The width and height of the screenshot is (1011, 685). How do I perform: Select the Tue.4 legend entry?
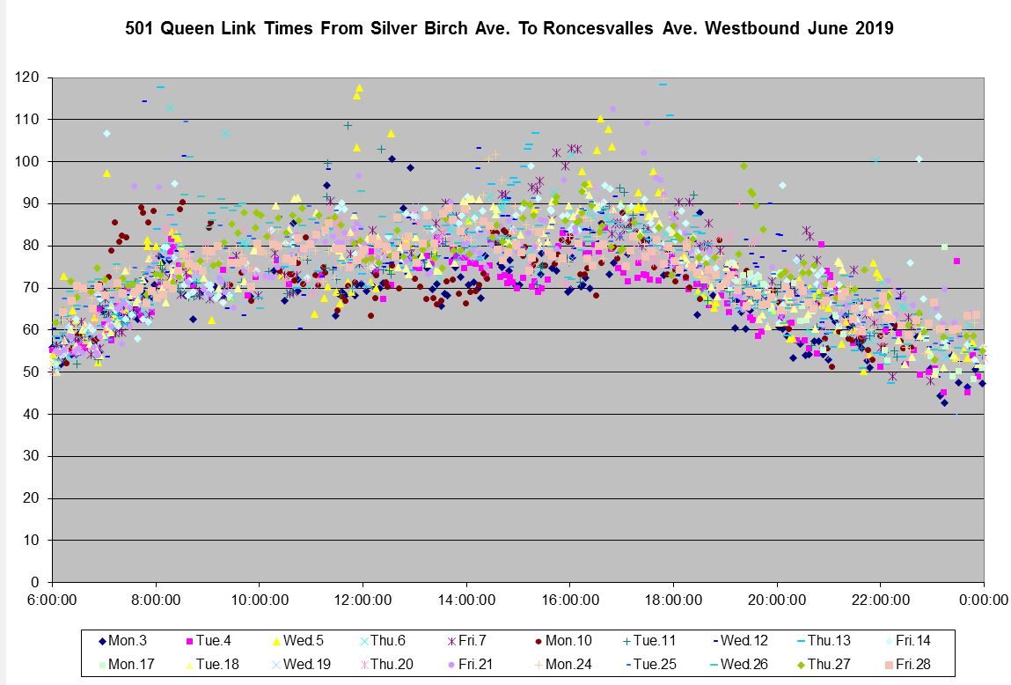[214, 642]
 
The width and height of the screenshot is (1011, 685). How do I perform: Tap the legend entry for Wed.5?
[300, 642]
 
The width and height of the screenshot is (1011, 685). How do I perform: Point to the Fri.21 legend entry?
[475, 664]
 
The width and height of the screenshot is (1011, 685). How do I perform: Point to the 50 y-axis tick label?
[32, 372]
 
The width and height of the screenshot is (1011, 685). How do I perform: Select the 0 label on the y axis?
[35, 582]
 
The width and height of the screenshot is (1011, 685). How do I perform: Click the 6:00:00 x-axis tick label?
[52, 600]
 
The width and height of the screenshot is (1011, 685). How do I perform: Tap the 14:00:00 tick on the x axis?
[465, 600]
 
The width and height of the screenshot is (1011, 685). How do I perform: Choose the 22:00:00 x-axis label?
[880, 600]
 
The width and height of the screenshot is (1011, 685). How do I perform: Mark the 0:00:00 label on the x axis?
[984, 600]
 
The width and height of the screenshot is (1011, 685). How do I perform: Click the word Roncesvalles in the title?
[597, 28]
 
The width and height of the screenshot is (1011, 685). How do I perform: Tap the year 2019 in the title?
[874, 28]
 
